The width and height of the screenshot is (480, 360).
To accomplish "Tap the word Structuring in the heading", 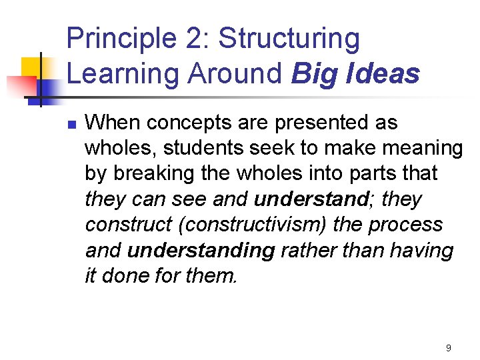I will (x=289, y=39).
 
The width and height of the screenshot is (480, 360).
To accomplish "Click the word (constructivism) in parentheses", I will (x=253, y=224).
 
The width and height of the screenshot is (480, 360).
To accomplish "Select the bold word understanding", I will (x=201, y=250).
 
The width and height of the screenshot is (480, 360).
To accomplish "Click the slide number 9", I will (x=448, y=348).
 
